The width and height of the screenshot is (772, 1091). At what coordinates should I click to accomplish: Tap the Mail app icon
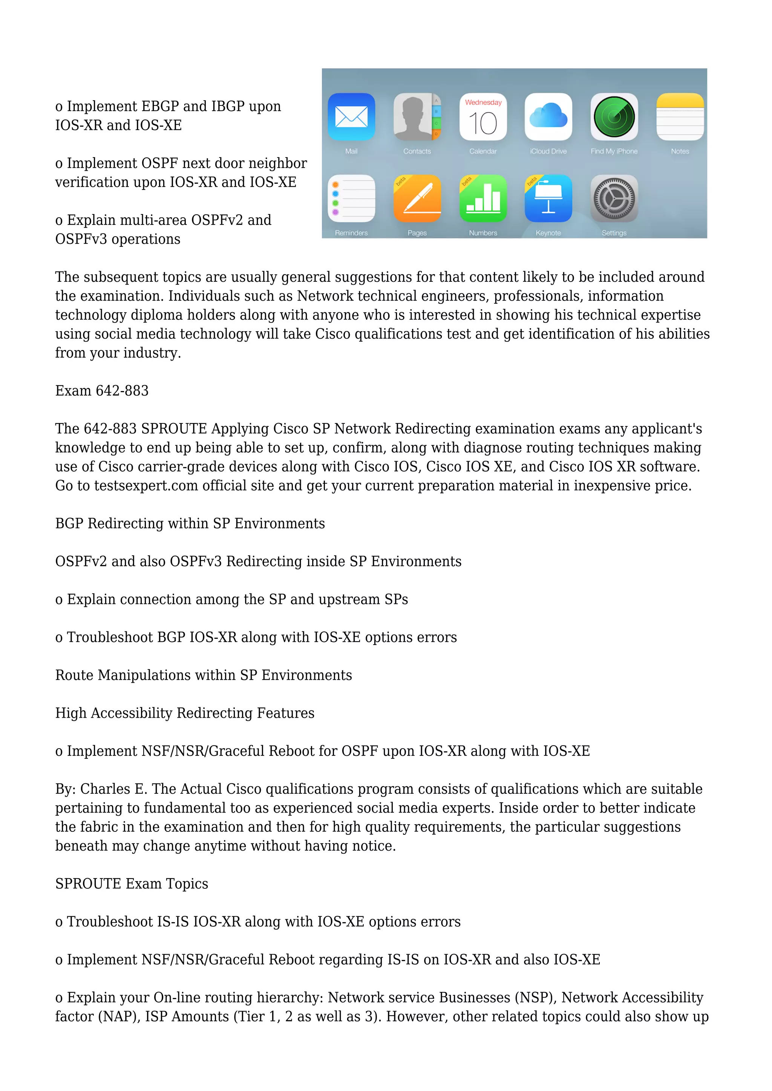point(351,117)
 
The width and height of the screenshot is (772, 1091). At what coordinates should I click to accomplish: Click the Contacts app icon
point(417,117)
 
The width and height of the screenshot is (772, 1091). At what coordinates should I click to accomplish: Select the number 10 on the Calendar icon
point(483,124)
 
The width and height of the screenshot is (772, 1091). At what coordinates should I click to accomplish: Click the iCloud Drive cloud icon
point(548,117)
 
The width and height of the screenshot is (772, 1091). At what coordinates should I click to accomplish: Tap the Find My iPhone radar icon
point(614,117)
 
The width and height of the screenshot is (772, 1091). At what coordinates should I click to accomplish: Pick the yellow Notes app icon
point(680,117)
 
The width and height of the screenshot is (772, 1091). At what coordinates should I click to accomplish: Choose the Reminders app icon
point(351,199)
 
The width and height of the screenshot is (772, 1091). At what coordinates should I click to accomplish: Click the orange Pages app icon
point(417,199)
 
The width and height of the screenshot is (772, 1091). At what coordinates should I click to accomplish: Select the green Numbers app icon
point(483,199)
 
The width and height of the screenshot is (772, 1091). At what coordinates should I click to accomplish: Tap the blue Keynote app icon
point(548,199)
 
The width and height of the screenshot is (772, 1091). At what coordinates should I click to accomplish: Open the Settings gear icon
point(614,199)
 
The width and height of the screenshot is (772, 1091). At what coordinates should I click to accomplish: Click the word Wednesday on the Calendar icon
point(483,102)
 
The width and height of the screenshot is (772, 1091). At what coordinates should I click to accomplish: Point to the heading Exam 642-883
point(102,391)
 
